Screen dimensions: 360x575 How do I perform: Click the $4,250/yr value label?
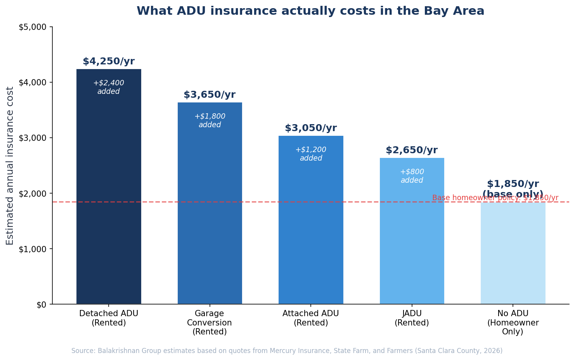click(109, 62)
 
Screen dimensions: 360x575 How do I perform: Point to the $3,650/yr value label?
click(210, 95)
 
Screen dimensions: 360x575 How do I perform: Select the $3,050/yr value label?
click(311, 128)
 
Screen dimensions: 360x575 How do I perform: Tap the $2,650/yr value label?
click(412, 151)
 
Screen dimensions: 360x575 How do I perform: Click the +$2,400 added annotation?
click(109, 87)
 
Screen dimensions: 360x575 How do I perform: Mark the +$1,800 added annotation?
click(210, 121)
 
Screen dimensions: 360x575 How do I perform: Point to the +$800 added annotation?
click(412, 176)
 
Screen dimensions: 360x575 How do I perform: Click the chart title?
click(310, 11)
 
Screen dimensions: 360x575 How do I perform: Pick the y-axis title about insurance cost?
click(10, 166)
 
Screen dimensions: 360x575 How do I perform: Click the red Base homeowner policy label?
click(495, 198)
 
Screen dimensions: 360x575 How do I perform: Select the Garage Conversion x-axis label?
click(210, 322)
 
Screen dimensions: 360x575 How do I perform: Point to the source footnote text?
click(287, 351)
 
